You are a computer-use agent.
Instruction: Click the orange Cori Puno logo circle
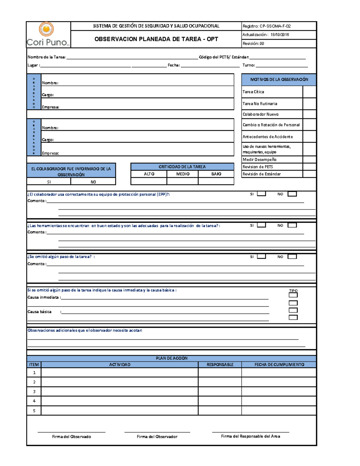coord(46,29)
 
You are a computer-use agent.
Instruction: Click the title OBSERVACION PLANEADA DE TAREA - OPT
coord(156,39)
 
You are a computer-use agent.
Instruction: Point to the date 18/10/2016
coord(280,35)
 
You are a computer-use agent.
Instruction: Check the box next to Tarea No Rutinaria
coord(309,104)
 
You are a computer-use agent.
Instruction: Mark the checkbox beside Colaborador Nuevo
coord(309,114)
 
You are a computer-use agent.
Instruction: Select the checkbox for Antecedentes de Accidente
coord(309,137)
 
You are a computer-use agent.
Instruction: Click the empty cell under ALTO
coord(149,181)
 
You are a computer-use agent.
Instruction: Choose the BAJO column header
coord(216,174)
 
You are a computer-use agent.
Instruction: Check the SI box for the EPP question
coord(261,194)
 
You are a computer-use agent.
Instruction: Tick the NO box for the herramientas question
coord(292,225)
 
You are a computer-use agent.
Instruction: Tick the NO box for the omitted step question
coord(292,257)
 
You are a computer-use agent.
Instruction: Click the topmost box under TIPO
coord(293,295)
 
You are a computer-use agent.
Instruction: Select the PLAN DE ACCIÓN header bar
coord(171,358)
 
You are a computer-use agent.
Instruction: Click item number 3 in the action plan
coord(34,391)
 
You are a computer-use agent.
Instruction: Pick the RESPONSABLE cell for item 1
coord(220,372)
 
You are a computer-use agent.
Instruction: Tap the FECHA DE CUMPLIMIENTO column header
coord(279,365)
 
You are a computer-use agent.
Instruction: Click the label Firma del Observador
coord(157,437)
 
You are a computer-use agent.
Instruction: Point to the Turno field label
coord(248,65)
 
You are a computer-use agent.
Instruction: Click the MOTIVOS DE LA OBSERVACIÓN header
coord(279,80)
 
